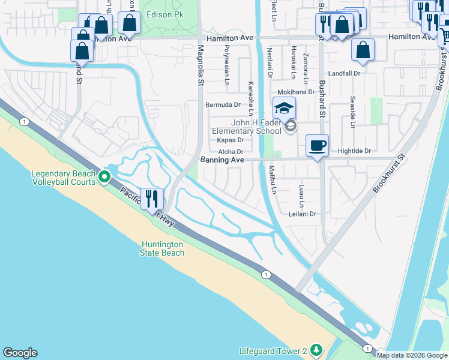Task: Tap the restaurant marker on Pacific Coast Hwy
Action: click(x=152, y=199)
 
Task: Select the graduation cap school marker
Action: click(x=285, y=109)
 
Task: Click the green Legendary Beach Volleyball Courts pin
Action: click(x=104, y=177)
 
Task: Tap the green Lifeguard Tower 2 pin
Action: click(x=316, y=350)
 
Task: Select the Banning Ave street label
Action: click(x=222, y=160)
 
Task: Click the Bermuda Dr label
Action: click(x=223, y=104)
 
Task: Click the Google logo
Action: click(x=20, y=353)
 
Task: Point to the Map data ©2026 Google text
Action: click(x=412, y=355)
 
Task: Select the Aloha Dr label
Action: click(x=231, y=152)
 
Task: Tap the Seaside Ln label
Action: click(x=352, y=117)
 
